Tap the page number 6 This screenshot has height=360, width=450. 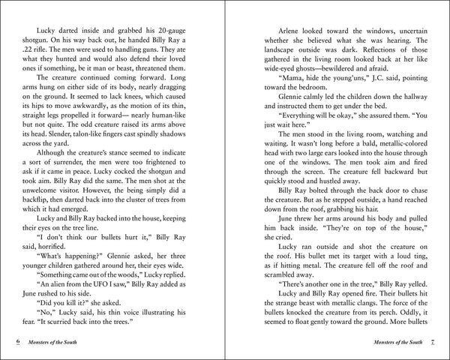click(17, 343)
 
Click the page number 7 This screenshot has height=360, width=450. click(432, 343)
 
